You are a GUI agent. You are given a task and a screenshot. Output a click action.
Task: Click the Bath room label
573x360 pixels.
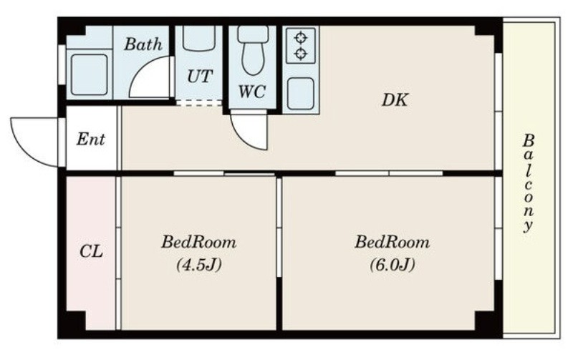143,44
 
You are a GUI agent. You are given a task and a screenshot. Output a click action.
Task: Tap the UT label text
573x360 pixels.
200,77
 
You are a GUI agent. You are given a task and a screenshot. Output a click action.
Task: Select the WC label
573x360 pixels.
252,92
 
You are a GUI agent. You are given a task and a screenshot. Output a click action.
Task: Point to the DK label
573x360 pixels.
395,99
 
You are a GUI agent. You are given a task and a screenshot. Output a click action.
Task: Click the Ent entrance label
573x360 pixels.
91,139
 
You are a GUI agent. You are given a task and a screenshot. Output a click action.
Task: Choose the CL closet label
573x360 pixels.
91,251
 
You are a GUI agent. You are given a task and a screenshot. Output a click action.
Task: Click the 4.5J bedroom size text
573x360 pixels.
199,265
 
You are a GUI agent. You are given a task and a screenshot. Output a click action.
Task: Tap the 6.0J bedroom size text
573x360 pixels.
393,265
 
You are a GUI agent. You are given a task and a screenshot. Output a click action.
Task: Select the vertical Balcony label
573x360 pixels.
528,183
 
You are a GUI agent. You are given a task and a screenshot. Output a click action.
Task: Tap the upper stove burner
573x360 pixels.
300,37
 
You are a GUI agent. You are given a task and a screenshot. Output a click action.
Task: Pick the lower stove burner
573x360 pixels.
300,54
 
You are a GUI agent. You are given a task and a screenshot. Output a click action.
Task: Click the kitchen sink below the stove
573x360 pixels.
300,94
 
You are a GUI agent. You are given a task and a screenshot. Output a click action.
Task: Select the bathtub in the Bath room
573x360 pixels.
90,75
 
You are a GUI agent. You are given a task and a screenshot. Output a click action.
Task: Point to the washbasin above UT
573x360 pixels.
199,38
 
